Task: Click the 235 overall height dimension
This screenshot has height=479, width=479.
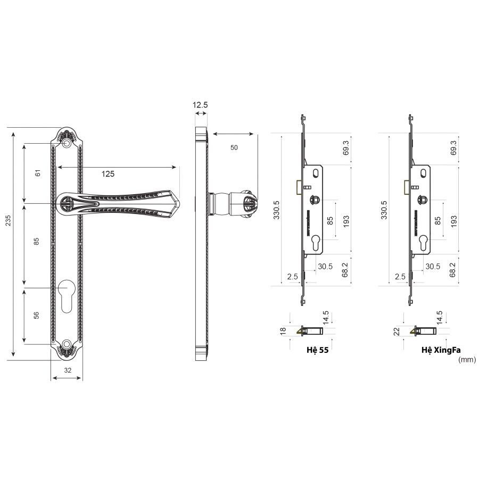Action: tap(8, 220)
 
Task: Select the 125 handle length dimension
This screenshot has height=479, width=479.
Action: tap(108, 174)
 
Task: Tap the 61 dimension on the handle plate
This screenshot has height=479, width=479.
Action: tap(38, 173)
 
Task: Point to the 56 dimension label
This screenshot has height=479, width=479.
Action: tap(36, 315)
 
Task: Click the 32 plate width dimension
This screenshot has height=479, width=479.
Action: tap(68, 370)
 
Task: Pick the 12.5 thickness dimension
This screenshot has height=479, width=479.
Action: tap(200, 105)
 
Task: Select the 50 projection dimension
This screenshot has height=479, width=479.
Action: tap(234, 147)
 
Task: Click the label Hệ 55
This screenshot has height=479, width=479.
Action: tap(317, 350)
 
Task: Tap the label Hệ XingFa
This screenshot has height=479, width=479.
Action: tap(441, 350)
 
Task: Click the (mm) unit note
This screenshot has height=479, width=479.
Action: tap(467, 360)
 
